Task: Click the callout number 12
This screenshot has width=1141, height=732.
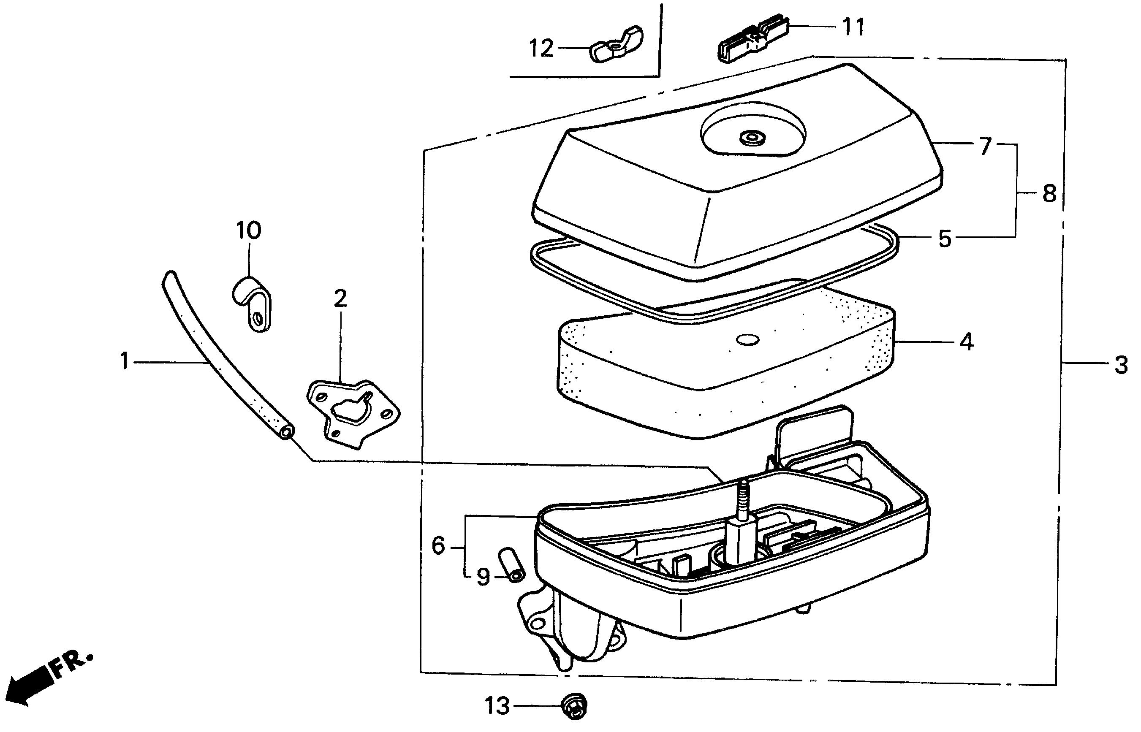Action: (x=541, y=49)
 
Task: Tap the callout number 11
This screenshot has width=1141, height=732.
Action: (x=853, y=27)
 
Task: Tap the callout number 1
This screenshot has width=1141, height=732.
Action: (x=125, y=361)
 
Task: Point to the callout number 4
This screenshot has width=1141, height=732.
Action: (x=966, y=342)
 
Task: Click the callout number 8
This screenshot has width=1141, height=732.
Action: (x=1049, y=193)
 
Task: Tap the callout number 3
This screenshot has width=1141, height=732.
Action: (x=1121, y=365)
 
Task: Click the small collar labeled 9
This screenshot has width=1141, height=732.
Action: (x=510, y=565)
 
